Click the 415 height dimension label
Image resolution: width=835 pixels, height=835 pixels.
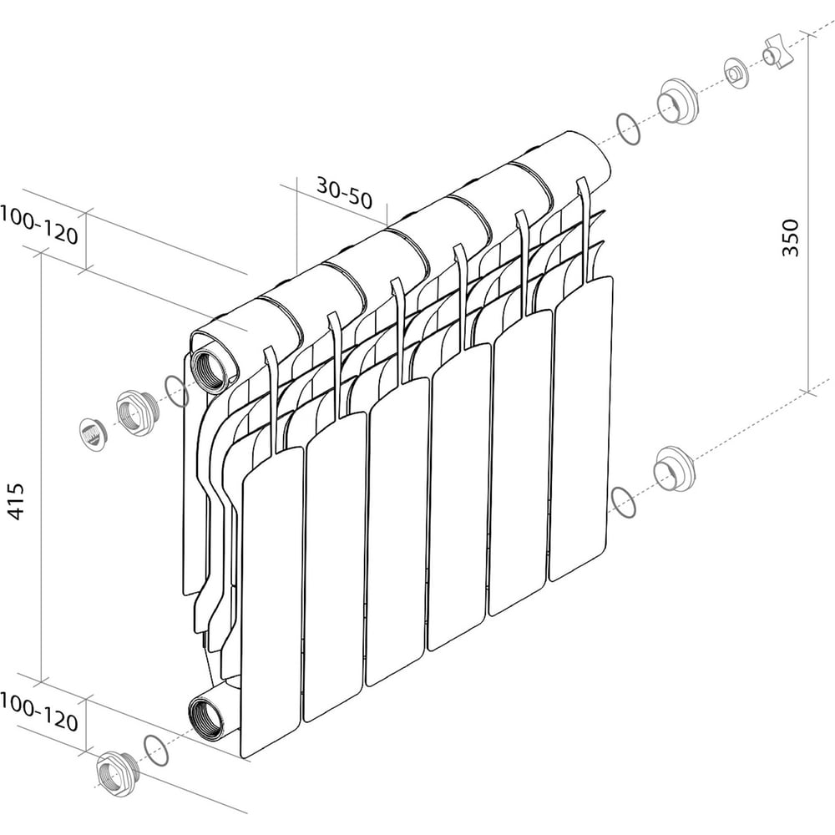[16, 500]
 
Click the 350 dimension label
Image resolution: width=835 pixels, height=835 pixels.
[790, 237]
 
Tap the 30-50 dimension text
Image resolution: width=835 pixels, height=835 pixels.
[345, 193]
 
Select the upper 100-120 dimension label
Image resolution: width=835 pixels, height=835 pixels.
[39, 225]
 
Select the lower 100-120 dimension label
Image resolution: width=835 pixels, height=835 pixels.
[39, 712]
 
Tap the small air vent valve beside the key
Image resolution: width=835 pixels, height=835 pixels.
[737, 73]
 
